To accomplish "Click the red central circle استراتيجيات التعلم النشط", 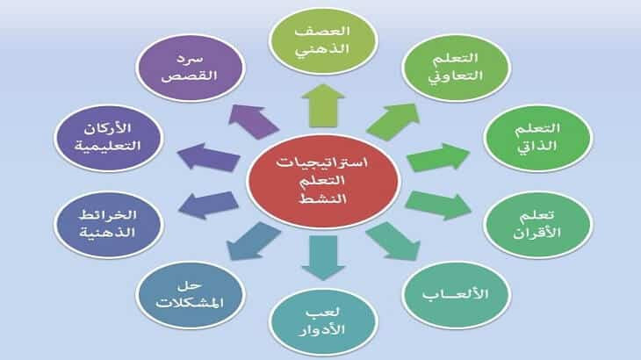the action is [323, 181].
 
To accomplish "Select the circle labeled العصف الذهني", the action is [323, 41].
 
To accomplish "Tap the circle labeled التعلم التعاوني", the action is [456, 68].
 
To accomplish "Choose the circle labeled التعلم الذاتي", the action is [537, 138].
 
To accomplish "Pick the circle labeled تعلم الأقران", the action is [537, 225].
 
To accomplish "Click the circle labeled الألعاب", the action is [456, 295].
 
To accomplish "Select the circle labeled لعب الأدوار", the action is [323, 322].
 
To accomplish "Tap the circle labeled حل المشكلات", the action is [190, 295].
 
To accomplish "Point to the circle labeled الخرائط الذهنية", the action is [108, 225].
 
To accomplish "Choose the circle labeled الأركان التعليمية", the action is [108, 138].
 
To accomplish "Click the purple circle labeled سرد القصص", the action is [190, 68].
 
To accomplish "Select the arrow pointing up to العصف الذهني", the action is [323, 105].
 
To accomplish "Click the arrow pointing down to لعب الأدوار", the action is [323, 257].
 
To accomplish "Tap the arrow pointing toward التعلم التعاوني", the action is [393, 122].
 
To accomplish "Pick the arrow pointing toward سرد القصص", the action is [254, 122].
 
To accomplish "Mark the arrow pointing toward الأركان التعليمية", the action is [208, 157].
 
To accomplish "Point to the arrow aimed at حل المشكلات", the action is [254, 241].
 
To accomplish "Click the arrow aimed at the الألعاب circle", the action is [393, 241].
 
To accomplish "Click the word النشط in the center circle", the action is [323, 198].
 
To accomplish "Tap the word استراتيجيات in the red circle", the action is [322, 162].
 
